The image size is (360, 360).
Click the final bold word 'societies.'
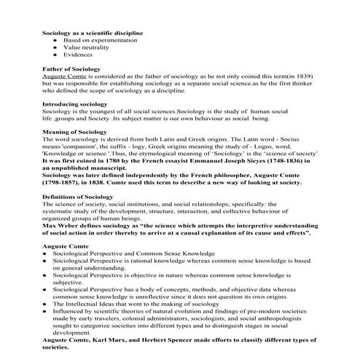[x=58, y=347]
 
